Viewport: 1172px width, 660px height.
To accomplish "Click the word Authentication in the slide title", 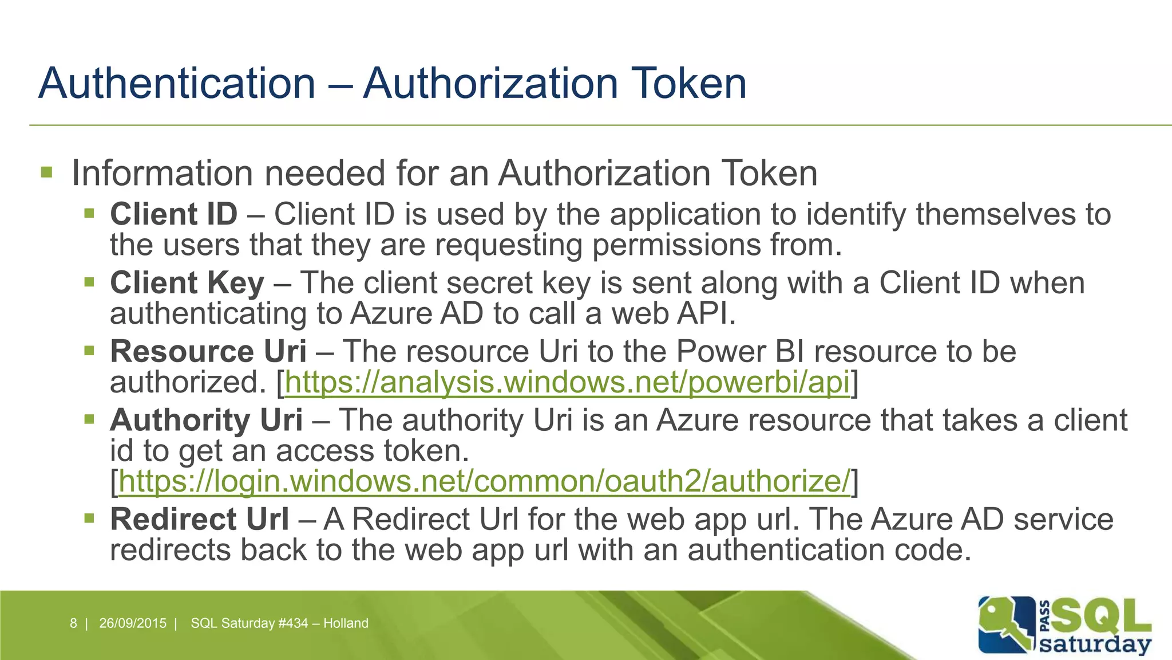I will click(177, 84).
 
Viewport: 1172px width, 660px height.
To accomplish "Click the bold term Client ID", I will click(173, 215).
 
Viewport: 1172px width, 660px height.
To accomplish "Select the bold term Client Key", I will click(187, 284).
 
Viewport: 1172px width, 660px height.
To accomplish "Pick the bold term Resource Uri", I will click(208, 352).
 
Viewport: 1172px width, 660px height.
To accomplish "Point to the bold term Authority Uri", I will click(206, 421).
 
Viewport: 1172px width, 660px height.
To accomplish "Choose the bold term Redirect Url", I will click(199, 520).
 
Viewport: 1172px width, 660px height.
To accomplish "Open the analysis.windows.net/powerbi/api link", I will click(567, 383).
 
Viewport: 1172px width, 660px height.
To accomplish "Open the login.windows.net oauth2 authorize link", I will click(484, 481).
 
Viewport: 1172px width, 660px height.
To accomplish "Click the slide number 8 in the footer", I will click(73, 623).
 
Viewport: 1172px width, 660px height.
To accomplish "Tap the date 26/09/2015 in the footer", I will click(133, 623).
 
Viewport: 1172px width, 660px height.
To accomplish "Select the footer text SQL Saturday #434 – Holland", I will click(279, 623).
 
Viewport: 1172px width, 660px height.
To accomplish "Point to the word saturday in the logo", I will click(1094, 644).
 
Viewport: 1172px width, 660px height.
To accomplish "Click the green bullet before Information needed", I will click(47, 172).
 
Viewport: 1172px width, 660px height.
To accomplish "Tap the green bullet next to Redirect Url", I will click(89, 519).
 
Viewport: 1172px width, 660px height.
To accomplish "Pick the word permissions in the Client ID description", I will click(676, 245).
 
